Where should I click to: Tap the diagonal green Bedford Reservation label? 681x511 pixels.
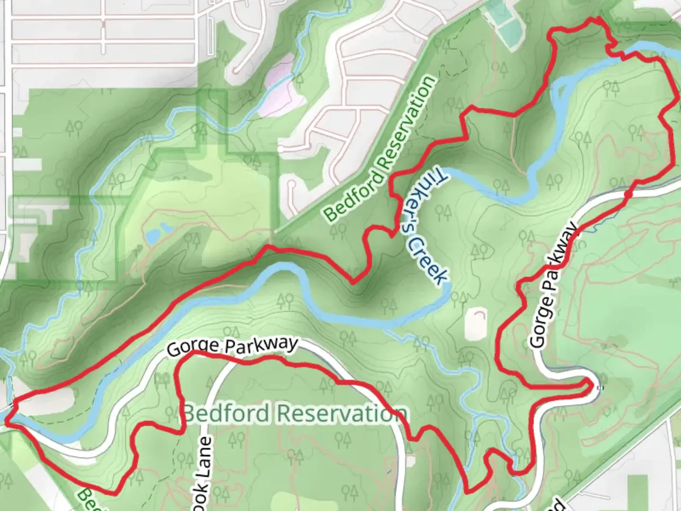point(381,149)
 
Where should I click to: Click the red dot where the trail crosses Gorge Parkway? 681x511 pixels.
point(628,194)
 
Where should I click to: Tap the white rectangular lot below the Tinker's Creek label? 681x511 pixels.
point(476,325)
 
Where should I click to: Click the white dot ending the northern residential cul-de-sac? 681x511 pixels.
point(281,150)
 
